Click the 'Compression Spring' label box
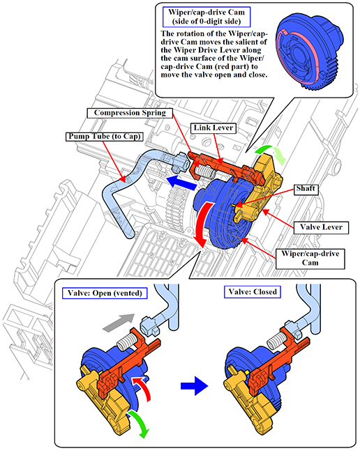(x=130, y=113)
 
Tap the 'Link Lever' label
(x=213, y=128)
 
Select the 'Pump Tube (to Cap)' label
(x=104, y=137)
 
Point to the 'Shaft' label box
(x=306, y=189)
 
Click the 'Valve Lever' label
(x=321, y=227)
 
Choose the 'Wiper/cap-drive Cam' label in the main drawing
(x=310, y=259)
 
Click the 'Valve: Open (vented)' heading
(x=105, y=293)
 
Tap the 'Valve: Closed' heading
(x=253, y=292)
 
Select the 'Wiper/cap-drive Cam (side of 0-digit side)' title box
(x=207, y=17)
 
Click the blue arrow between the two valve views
(x=194, y=385)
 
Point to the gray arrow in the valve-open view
(x=119, y=323)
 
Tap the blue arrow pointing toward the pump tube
(x=182, y=183)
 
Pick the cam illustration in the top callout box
(x=309, y=50)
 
